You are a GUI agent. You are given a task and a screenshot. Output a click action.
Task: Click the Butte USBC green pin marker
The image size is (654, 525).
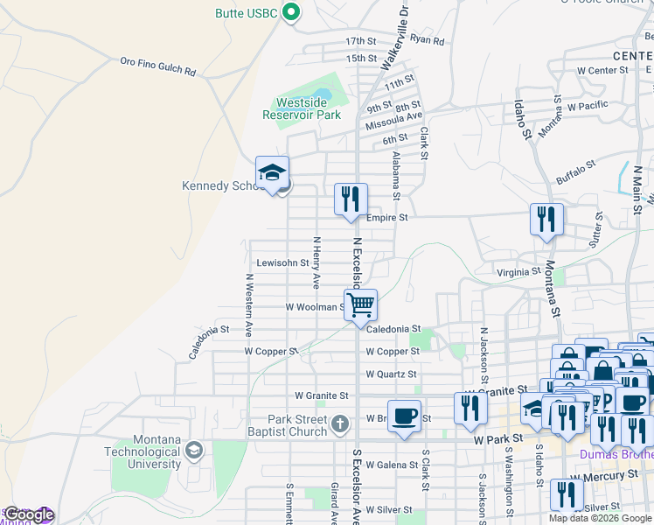[x=293, y=12]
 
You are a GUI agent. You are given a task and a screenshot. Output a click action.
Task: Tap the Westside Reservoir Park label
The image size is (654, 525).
[x=302, y=108]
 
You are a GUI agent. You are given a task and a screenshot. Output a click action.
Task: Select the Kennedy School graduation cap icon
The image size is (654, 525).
[x=272, y=172]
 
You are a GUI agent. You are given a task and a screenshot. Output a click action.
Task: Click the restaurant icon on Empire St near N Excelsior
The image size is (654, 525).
[x=351, y=199]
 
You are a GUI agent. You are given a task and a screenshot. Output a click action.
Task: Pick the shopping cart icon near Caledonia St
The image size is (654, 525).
[x=360, y=305]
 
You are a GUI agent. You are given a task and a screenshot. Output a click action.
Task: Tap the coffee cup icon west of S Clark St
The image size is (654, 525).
[x=403, y=416]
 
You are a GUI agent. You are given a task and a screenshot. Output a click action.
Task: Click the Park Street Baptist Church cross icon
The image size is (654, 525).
[x=340, y=425]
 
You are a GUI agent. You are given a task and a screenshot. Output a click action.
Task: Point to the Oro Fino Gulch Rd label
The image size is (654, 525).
[x=157, y=66]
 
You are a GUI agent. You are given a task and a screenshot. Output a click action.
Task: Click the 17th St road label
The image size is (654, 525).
[x=360, y=41]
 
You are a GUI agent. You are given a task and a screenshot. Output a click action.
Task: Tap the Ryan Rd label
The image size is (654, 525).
[x=428, y=40]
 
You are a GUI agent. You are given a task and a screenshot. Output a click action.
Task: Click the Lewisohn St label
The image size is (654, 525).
[x=282, y=262]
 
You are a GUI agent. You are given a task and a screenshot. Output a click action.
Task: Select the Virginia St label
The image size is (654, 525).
[x=518, y=272]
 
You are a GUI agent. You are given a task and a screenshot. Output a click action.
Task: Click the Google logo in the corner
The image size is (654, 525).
[x=28, y=514]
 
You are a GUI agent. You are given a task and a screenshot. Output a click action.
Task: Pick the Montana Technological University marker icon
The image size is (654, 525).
[x=193, y=451]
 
